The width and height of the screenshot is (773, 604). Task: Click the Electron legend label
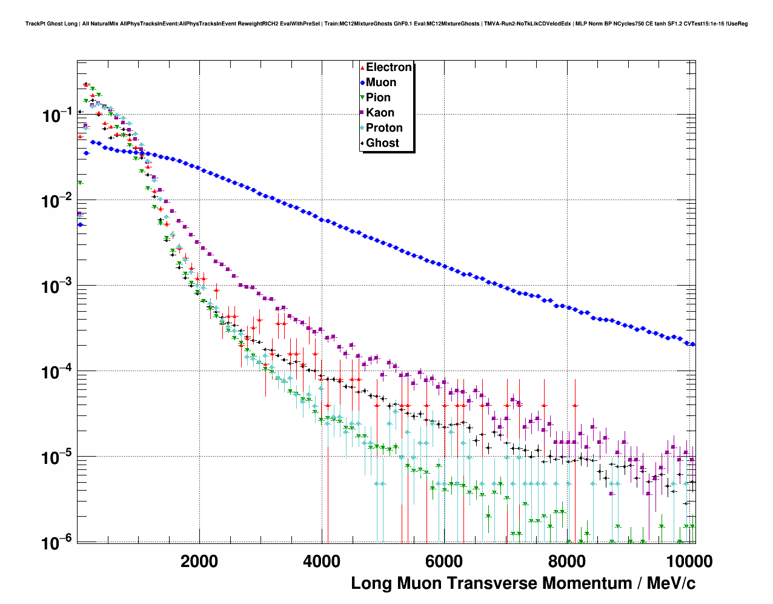click(389, 67)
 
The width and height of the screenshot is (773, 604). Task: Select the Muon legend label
click(381, 82)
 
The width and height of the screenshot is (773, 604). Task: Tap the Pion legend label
click(378, 98)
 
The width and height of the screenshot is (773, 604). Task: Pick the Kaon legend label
click(380, 113)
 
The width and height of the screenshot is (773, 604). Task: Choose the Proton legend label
click(384, 128)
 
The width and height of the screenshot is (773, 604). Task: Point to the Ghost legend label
click(382, 143)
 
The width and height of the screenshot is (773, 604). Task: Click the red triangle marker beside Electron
click(362, 68)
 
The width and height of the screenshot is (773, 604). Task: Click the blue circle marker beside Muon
click(362, 83)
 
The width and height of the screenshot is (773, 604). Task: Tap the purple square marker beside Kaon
click(362, 113)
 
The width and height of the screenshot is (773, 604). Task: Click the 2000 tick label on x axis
click(199, 562)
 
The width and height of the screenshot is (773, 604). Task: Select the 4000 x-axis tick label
click(322, 562)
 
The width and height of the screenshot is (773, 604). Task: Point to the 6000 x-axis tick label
click(444, 562)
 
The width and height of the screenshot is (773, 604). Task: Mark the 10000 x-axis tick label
click(686, 562)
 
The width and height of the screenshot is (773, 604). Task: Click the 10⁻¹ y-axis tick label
click(58, 115)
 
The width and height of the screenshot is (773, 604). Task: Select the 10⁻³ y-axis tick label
click(58, 286)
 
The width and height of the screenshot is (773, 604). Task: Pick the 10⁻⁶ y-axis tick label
click(58, 542)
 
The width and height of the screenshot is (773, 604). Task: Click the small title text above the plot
click(386, 24)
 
